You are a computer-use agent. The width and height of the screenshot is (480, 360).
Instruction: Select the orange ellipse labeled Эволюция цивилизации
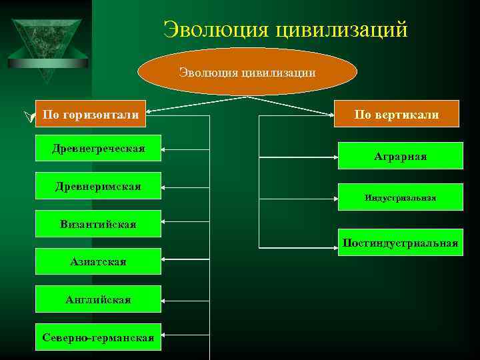pyautogui.click(x=247, y=71)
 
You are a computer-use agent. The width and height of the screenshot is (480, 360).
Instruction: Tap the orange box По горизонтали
pyautogui.click(x=91, y=115)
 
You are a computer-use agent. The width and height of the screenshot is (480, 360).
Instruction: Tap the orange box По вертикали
pyautogui.click(x=397, y=114)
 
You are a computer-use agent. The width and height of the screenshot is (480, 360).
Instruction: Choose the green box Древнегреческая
pyautogui.click(x=98, y=148)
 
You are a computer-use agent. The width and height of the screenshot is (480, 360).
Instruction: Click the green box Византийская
pyautogui.click(x=98, y=224)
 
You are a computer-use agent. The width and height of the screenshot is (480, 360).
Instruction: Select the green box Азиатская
pyautogui.click(x=98, y=261)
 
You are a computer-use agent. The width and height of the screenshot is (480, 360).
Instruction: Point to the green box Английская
pyautogui.click(x=98, y=299)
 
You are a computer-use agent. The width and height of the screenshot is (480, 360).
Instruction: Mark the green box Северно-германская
pyautogui.click(x=98, y=337)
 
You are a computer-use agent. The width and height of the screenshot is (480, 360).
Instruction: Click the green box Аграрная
pyautogui.click(x=400, y=156)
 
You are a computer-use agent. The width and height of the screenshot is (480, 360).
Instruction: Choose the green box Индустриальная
pyautogui.click(x=400, y=197)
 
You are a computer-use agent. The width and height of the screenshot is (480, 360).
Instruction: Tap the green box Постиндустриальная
pyautogui.click(x=400, y=242)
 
